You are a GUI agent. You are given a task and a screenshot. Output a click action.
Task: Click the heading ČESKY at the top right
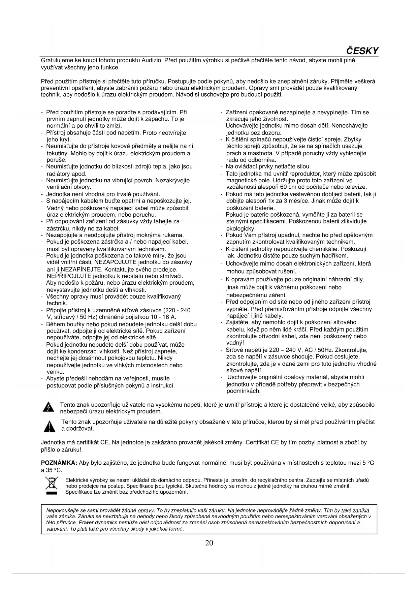pos(362,51)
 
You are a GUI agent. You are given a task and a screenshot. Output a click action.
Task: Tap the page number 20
pos(209,542)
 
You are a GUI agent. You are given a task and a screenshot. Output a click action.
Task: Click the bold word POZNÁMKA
pos(59,463)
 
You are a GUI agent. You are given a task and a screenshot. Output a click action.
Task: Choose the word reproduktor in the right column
pos(309,174)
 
